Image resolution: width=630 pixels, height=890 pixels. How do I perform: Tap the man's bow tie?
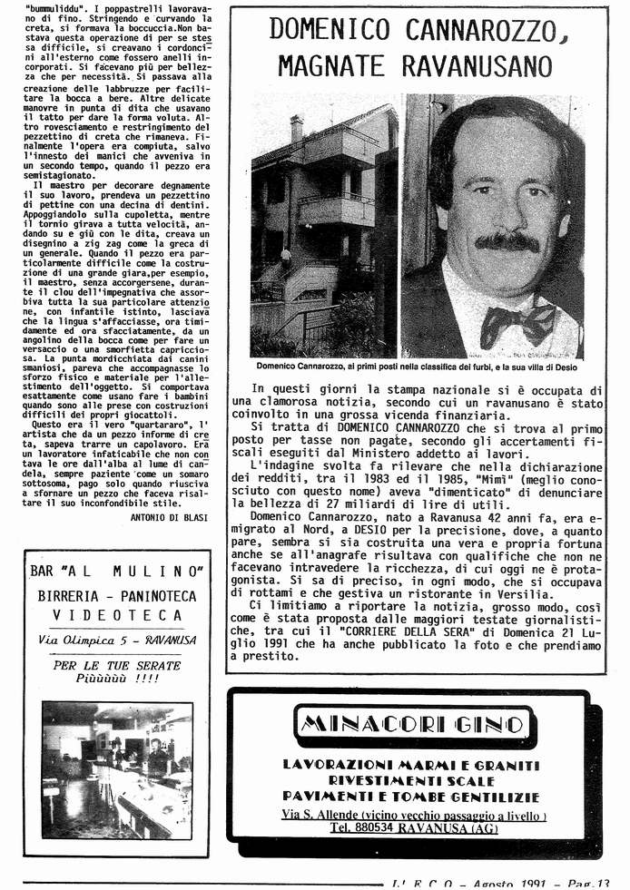tap(518, 322)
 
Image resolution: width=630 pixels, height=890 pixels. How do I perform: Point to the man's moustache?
tap(508, 241)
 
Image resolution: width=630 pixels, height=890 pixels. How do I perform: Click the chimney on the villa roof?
tap(296, 128)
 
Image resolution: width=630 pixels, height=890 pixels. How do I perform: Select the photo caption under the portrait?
tap(417, 367)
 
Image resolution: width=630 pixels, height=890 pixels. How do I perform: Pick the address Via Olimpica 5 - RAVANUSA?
tap(113, 640)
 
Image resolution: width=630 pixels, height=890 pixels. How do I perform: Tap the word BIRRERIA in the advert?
tap(75, 595)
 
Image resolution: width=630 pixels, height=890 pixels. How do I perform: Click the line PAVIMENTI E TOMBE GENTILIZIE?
tap(409, 796)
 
